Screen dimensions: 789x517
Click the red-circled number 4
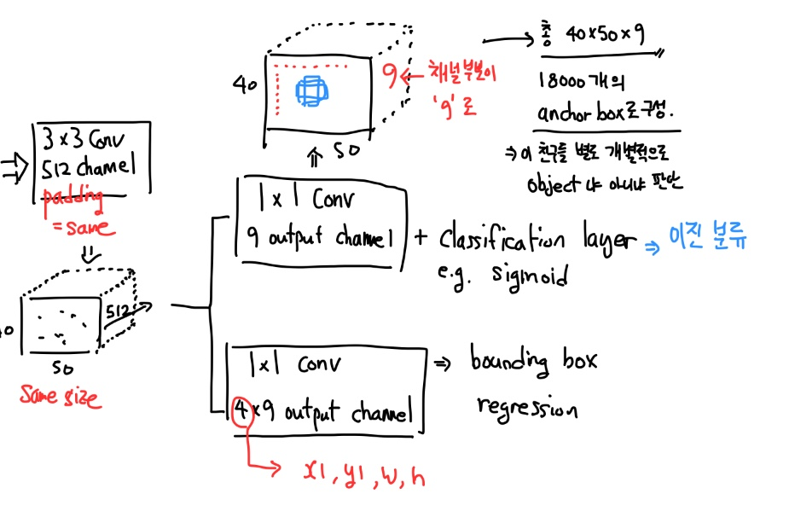(241, 415)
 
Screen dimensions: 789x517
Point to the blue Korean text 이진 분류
(710, 239)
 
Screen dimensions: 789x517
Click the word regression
(527, 408)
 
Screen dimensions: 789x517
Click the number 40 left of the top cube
(245, 85)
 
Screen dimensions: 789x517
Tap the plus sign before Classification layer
(420, 237)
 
